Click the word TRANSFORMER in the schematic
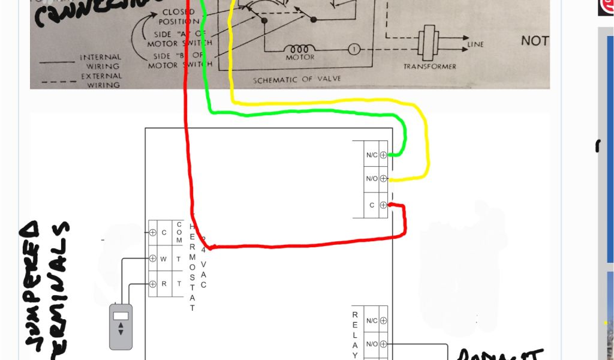(429, 67)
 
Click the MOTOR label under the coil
(300, 58)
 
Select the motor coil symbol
(299, 49)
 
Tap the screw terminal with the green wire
(383, 155)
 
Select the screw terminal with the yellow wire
(383, 178)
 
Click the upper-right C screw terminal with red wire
(383, 205)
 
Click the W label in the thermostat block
(163, 259)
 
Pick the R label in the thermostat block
(163, 284)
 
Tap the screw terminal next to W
(153, 259)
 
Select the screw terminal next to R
(153, 284)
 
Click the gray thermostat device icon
(121, 326)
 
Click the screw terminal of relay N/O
(383, 344)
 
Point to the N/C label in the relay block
(372, 321)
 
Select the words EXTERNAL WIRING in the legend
(100, 81)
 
